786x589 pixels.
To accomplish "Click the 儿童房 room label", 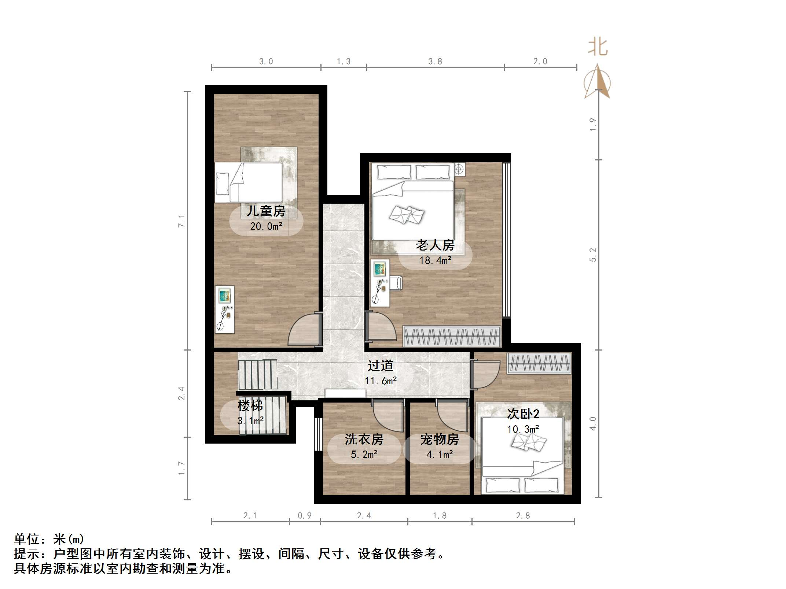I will (x=266, y=211).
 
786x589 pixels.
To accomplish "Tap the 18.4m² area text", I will (x=435, y=260).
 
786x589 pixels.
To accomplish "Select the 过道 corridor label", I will (x=381, y=366).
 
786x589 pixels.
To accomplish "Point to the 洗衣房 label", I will (x=364, y=439).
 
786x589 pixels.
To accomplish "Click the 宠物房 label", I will (x=440, y=439).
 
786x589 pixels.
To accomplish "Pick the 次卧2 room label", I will (x=523, y=414).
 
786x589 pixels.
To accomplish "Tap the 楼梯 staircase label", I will (x=250, y=405).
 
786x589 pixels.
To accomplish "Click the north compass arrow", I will (x=598, y=82).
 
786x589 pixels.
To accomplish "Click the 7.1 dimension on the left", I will (x=181, y=221).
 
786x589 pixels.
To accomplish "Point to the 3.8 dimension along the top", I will (x=435, y=62).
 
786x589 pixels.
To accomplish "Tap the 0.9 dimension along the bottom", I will (x=305, y=516).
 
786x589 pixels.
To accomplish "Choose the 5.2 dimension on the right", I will (x=593, y=255).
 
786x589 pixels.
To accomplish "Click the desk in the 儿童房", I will (x=225, y=310).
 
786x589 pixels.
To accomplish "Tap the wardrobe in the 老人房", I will (x=452, y=336).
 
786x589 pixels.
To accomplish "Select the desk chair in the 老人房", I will (x=396, y=283).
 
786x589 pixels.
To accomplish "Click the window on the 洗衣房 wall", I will (x=318, y=434).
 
